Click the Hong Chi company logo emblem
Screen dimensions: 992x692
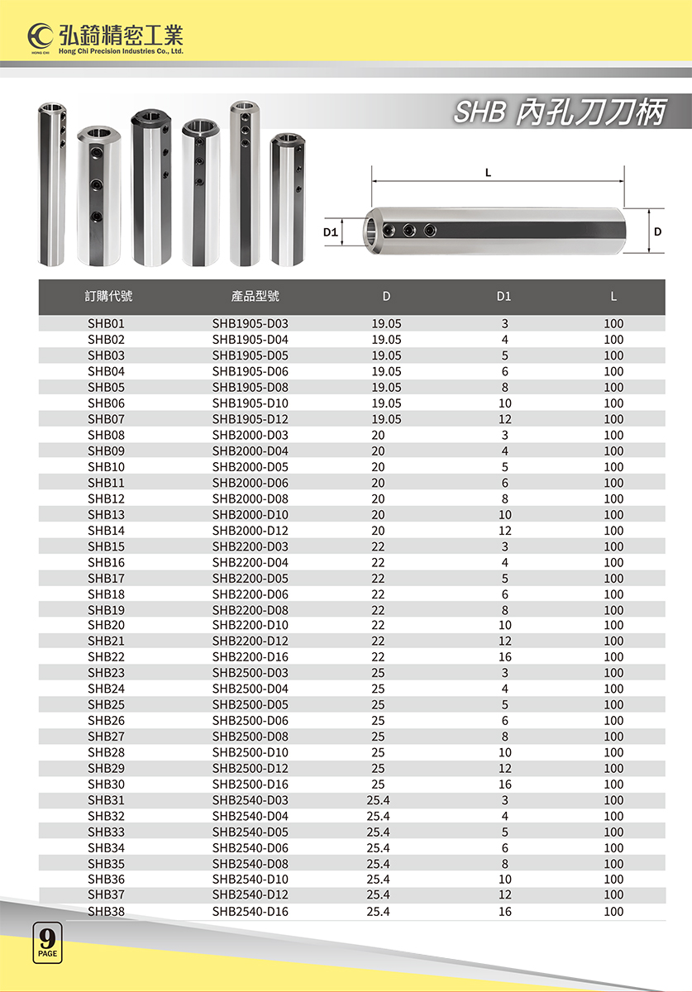[x=41, y=36]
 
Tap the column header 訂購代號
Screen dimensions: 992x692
[x=108, y=297]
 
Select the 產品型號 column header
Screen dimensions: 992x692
[x=255, y=297]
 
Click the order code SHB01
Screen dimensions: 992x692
[x=106, y=324]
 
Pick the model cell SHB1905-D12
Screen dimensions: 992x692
[x=250, y=419]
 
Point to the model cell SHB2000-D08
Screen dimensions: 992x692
[x=250, y=498]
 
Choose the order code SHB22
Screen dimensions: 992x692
[x=106, y=657]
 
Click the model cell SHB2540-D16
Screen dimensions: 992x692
[x=250, y=912]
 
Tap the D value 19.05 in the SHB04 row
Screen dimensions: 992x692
[x=386, y=372]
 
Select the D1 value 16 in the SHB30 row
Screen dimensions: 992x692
[x=504, y=785]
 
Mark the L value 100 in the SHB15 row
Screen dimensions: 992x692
[x=613, y=546]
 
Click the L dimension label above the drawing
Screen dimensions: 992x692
[x=489, y=173]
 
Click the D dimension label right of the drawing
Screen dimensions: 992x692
[x=657, y=232]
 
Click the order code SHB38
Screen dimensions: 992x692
[x=106, y=912]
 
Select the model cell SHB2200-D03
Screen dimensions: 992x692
[x=250, y=546]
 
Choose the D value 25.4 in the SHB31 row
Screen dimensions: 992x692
[x=378, y=800]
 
